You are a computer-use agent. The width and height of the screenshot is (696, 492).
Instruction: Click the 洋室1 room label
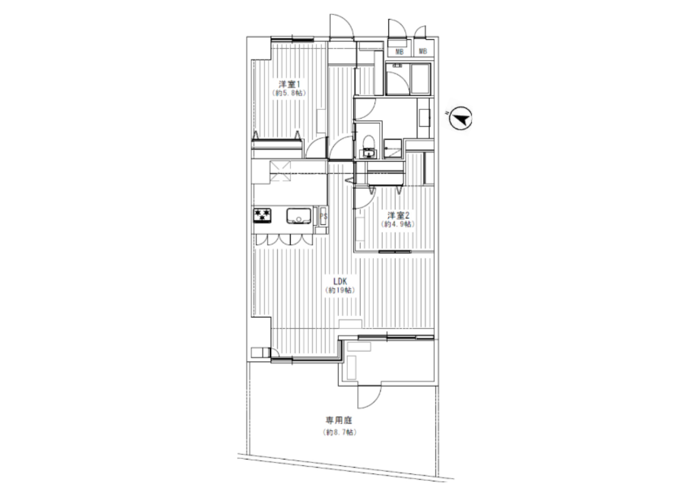289,84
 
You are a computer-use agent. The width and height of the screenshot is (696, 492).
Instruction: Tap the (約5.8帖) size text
289,93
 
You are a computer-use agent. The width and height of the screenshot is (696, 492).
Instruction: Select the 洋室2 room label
398,215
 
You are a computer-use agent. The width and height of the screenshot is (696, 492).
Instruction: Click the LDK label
340,281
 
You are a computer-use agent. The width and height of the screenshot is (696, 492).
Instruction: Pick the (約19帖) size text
340,290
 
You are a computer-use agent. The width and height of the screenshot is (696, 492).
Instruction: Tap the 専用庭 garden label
339,420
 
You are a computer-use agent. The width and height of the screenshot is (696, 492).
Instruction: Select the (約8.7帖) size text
339,433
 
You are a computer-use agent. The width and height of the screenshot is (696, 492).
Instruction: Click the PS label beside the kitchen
324,216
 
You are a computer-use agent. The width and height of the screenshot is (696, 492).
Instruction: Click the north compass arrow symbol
460,118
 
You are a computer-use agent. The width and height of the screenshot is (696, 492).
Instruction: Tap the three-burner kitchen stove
262,215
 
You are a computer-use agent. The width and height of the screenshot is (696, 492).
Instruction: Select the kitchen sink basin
299,216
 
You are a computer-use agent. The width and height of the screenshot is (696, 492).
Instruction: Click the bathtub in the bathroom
421,79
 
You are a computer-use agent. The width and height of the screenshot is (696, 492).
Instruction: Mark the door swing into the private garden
370,397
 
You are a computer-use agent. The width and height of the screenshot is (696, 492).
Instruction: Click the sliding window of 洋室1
292,39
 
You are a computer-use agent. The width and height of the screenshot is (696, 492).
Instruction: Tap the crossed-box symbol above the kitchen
280,171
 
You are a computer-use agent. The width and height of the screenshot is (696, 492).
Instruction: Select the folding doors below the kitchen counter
284,240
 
